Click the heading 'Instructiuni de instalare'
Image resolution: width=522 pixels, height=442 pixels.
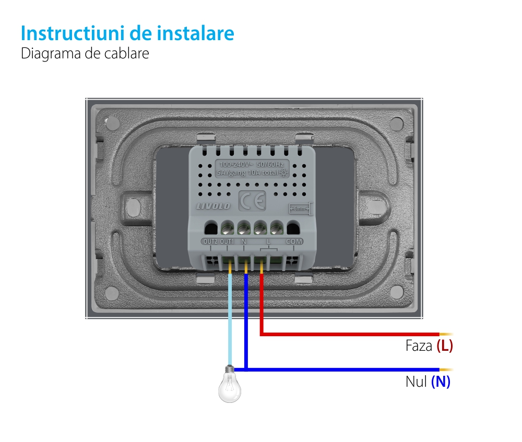click(127, 33)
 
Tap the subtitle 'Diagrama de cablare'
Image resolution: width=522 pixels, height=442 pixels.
click(85, 54)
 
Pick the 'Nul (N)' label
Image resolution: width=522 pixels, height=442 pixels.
click(428, 382)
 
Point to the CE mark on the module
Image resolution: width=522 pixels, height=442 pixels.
click(252, 200)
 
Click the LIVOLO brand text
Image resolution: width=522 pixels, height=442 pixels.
click(213, 206)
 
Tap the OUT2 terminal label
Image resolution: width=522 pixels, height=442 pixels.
click(210, 242)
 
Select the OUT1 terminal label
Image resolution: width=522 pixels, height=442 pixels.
click(227, 242)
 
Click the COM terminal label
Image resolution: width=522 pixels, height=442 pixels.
click(294, 242)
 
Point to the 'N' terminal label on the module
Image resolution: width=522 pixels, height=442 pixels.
click(244, 242)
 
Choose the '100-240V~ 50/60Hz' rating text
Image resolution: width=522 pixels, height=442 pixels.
click(252, 165)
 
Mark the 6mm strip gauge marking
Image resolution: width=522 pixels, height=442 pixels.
click(300, 208)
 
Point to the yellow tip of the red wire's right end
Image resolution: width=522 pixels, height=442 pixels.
click(446, 334)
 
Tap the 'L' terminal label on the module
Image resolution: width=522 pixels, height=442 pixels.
click(268, 242)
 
